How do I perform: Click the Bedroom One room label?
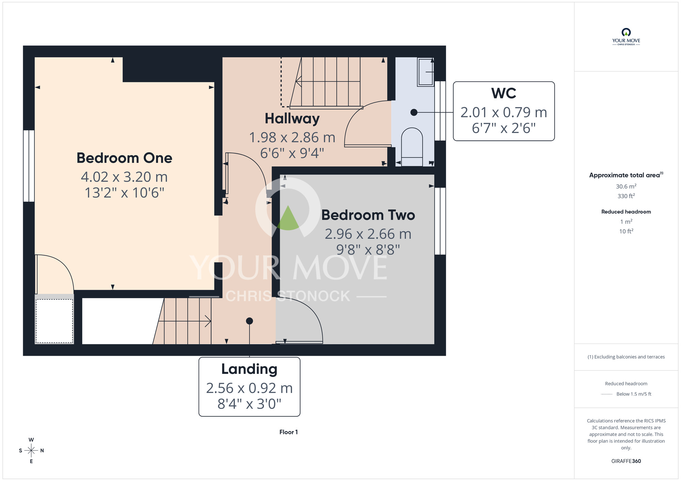click(124, 158)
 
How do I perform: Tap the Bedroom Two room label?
click(368, 215)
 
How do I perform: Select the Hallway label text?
click(292, 119)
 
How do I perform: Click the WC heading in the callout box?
click(504, 93)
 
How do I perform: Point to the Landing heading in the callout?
click(249, 369)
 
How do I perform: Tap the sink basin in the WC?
click(425, 72)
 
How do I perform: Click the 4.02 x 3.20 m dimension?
click(124, 177)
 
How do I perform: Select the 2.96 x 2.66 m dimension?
click(368, 234)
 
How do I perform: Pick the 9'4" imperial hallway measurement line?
click(292, 153)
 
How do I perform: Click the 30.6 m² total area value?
click(626, 186)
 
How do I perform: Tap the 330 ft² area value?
click(626, 196)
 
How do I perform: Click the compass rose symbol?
click(31, 450)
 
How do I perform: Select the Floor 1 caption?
click(288, 432)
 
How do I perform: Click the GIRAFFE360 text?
click(626, 461)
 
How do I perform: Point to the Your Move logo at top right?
click(626, 37)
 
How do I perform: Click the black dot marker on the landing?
click(249, 321)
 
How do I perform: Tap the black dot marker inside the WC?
click(414, 112)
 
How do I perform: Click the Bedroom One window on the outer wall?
click(29, 166)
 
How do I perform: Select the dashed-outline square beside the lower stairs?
click(54, 321)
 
